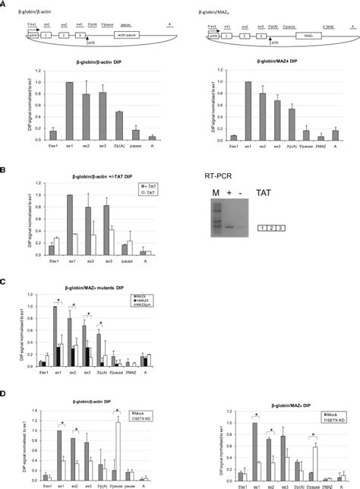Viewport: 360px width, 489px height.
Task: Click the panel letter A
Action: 4,4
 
